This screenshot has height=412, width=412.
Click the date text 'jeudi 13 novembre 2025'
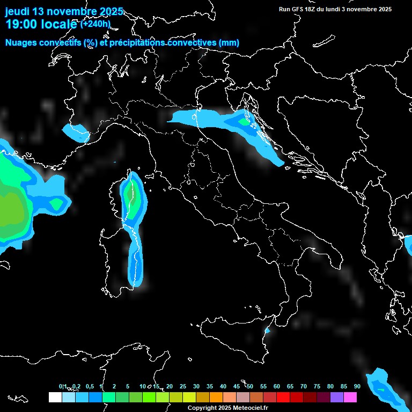[x=64, y=11]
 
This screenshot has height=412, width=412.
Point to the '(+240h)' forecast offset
[x=95, y=24]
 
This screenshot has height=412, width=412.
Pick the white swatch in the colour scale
[x=55, y=398]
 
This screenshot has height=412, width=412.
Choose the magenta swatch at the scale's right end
[x=350, y=398]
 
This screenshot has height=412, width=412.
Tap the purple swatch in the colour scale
[x=337, y=398]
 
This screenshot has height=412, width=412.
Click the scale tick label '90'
[x=357, y=386]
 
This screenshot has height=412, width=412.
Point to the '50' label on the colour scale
[x=250, y=386]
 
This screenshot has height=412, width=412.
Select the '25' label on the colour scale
[x=183, y=386]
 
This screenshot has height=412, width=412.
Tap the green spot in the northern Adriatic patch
[x=245, y=122]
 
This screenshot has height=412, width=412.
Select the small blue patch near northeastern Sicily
[x=268, y=331]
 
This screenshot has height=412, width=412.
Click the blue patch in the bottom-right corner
[x=385, y=388]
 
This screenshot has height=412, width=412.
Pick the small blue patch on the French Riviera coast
[x=75, y=132]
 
